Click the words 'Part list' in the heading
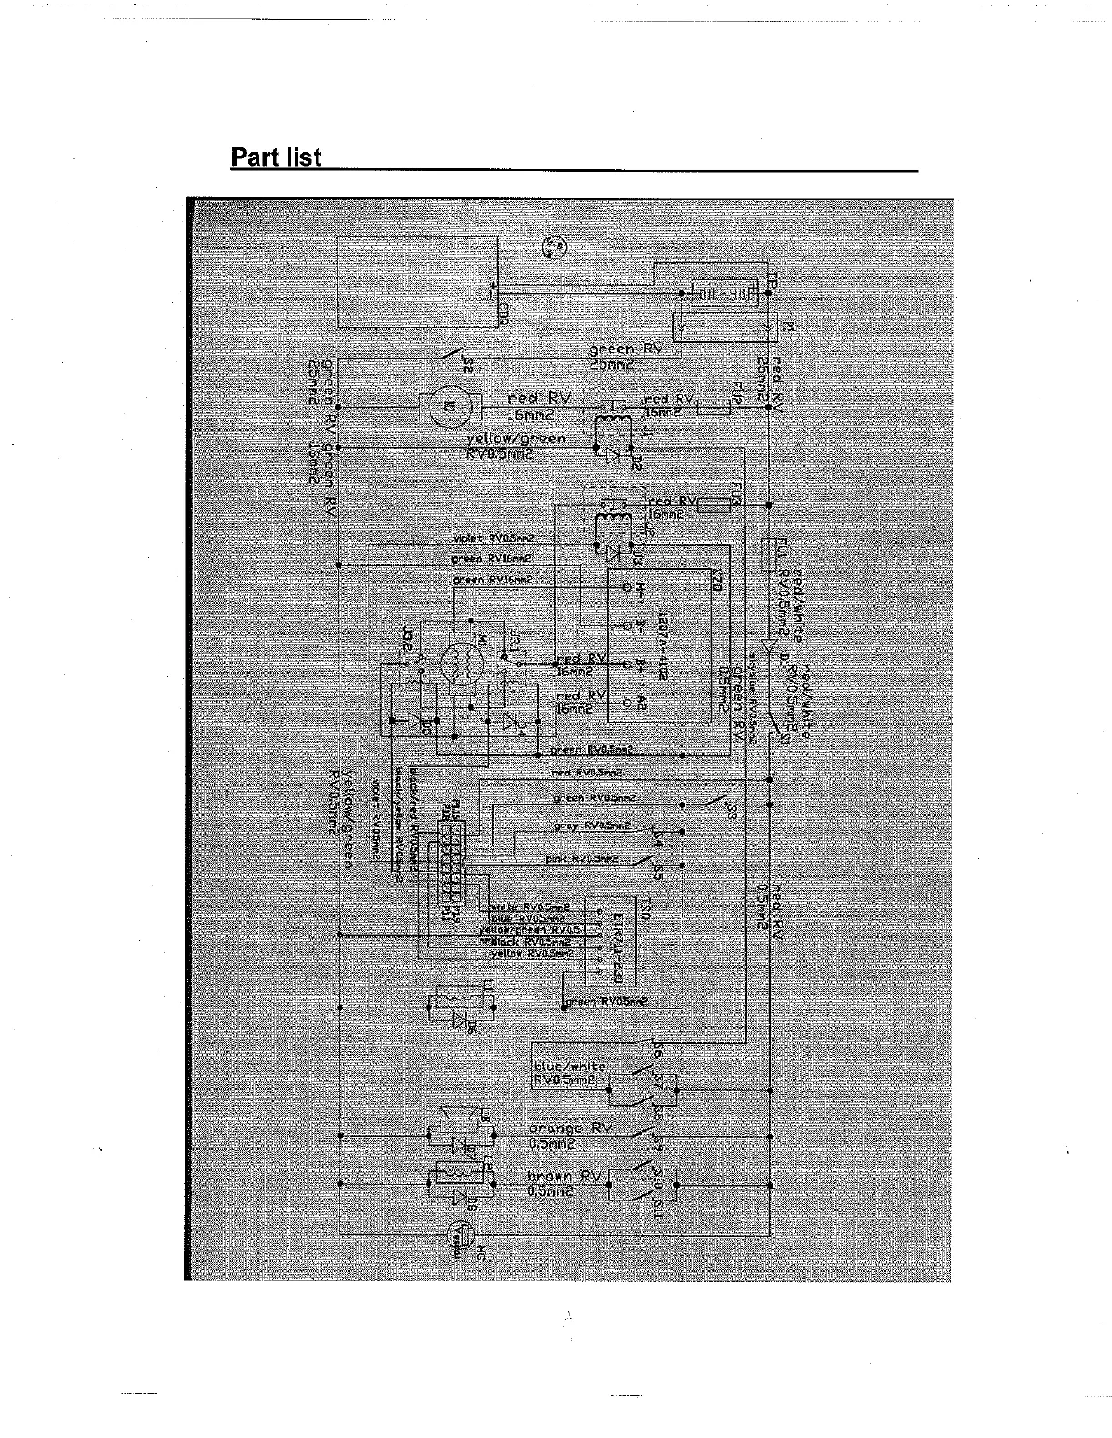click(x=276, y=157)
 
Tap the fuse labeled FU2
click(x=713, y=406)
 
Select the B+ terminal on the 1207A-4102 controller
click(x=626, y=662)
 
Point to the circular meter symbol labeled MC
click(x=461, y=1234)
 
